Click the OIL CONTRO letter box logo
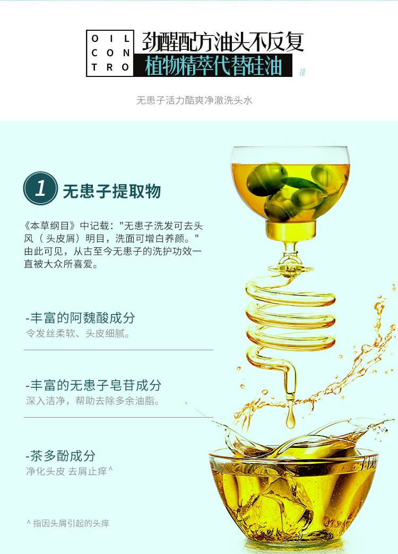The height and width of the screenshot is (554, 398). coord(110,53)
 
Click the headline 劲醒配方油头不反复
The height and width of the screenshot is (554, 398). coord(223,42)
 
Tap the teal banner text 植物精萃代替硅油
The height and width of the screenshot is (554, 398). coord(213,66)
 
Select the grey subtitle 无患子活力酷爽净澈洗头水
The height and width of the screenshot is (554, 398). coord(194,100)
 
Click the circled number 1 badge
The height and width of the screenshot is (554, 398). coord(40,188)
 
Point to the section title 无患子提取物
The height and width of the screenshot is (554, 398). coord(111,191)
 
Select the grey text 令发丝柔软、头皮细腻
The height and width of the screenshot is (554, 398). coord(78,333)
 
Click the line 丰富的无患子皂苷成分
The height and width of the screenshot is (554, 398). coord(93,385)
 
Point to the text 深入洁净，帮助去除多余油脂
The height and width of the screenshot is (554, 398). coord(93,401)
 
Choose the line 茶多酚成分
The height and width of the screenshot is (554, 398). coord(60,456)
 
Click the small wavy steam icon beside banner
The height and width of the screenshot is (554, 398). coord(302,72)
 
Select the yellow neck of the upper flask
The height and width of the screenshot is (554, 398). coord(291,231)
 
